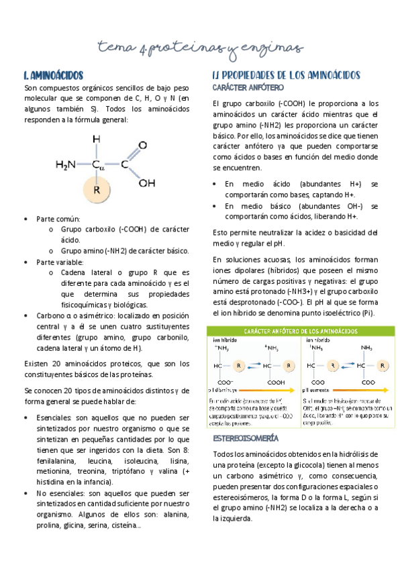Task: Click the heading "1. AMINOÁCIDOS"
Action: pos(53,75)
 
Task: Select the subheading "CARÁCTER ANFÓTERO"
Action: pos(248,88)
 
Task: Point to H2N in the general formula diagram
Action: pos(68,164)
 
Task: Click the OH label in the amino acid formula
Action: pos(147,183)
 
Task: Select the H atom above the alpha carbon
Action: pos(97,139)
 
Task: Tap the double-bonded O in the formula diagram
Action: pos(142,145)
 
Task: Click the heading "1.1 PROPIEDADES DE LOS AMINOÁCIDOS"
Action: pos(287,75)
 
